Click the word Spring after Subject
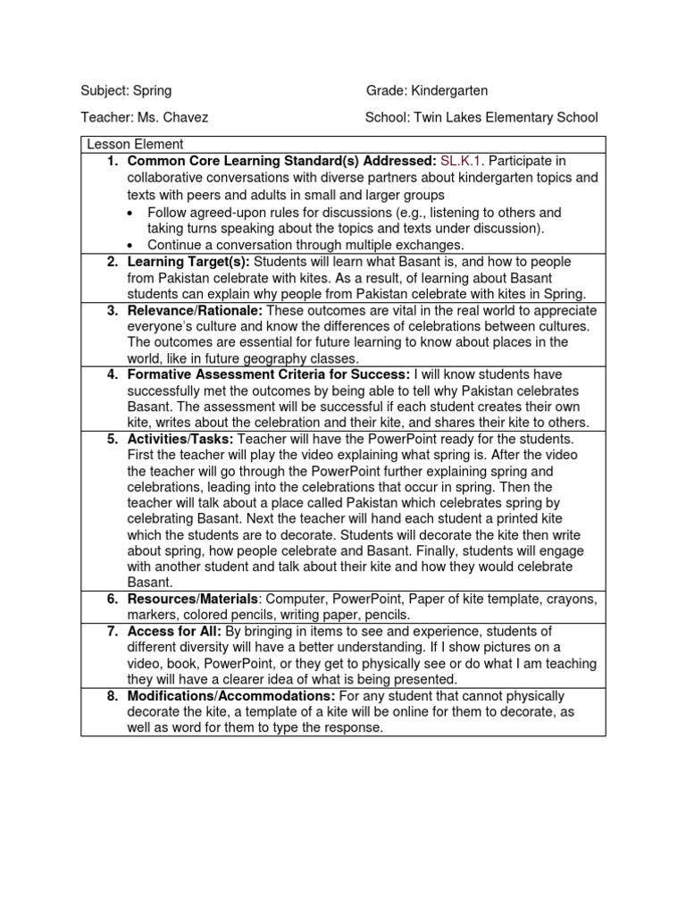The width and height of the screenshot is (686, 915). [x=153, y=91]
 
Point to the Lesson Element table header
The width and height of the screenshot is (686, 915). [x=135, y=144]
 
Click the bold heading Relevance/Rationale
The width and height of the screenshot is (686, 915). [x=196, y=310]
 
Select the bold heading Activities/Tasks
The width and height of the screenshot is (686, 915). [x=181, y=439]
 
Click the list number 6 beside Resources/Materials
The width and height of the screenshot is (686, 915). [x=112, y=599]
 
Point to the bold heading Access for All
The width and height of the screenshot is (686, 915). [x=174, y=632]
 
